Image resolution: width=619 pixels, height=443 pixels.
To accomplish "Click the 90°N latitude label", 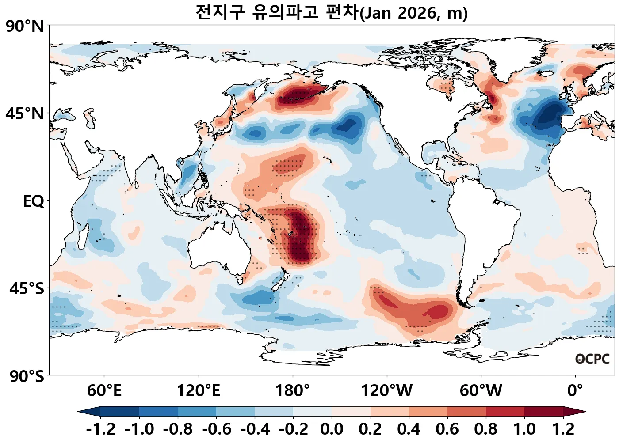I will tap(25, 27).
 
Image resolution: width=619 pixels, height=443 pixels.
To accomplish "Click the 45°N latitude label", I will tap(25, 114).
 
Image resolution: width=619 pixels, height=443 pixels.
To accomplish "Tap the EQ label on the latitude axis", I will tap(34, 201).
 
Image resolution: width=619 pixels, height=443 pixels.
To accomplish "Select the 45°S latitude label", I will tap(27, 289).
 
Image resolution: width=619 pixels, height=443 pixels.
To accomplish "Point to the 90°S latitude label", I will tap(27, 377).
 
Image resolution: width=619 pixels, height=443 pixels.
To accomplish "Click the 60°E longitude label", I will tap(104, 391).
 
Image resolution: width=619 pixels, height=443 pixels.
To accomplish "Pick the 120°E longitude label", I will tap(198, 391).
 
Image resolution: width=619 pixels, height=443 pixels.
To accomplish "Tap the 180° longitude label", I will tap(293, 391).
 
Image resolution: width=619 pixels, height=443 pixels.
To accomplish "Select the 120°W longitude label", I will tap(387, 391).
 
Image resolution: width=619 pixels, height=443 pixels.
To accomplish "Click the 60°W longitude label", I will tap(481, 391).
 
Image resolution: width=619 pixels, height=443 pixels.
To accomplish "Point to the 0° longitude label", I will tap(575, 391).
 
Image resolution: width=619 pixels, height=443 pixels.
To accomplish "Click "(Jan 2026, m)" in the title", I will tap(414, 13).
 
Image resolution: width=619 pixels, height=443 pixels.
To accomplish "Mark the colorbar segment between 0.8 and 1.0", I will tap(505, 412).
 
